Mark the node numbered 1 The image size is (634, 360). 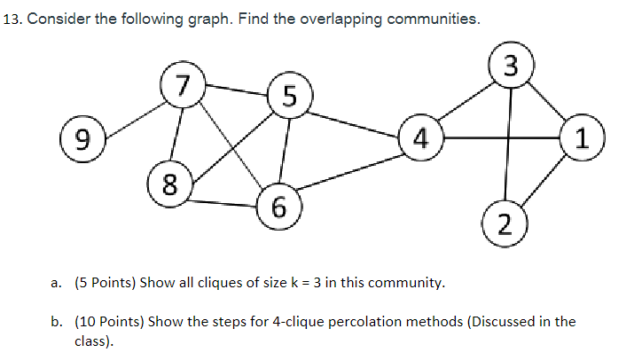pyautogui.click(x=582, y=137)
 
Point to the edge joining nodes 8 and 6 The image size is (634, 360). pyautogui.click(x=222, y=202)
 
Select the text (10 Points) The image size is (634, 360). pyautogui.click(x=112, y=321)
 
